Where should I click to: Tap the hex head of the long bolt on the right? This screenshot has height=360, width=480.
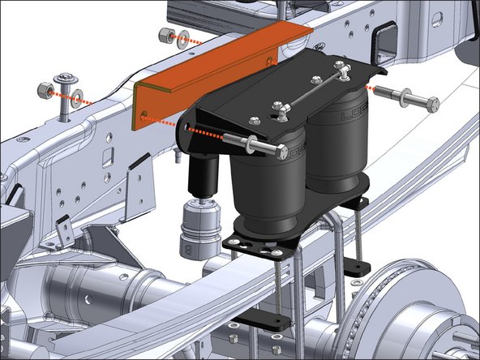431,104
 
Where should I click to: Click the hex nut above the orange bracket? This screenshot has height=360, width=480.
165,36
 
